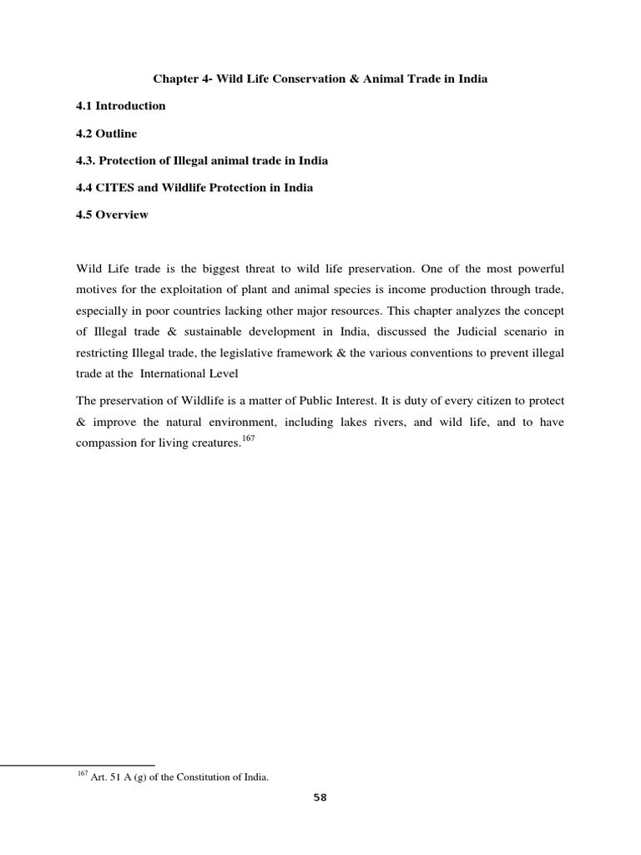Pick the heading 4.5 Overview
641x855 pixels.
coord(112,215)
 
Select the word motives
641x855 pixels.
coord(96,290)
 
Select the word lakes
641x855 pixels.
coord(344,422)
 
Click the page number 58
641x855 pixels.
coord(320,798)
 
